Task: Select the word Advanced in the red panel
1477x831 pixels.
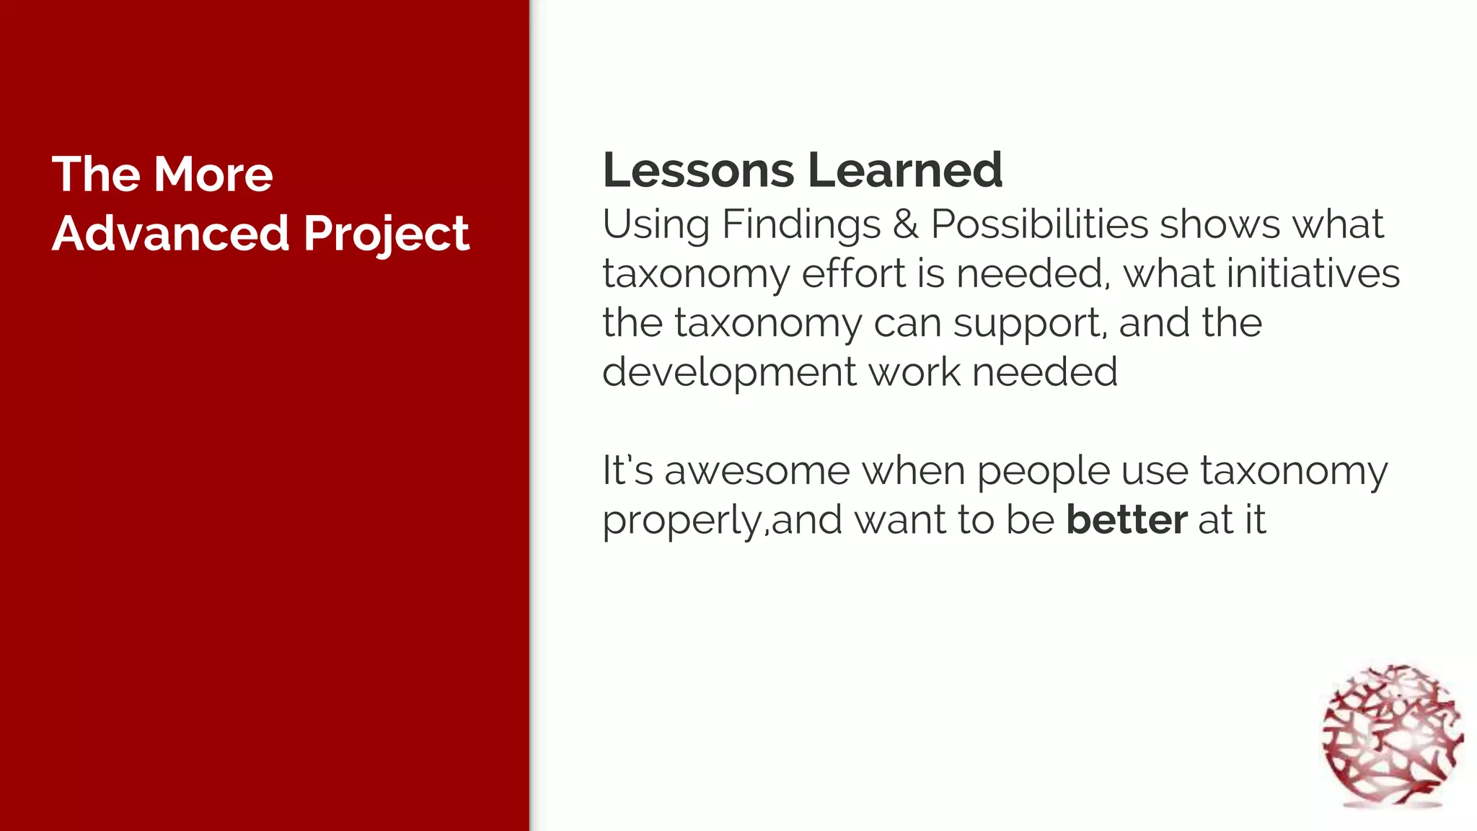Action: [171, 233]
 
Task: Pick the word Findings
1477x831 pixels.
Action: [801, 225]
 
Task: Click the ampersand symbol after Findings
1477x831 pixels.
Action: [906, 224]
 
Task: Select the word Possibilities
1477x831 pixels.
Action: [1039, 224]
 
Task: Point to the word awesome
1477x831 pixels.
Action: [757, 471]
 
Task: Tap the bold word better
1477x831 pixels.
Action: [1127, 520]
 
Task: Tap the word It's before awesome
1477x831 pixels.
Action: [627, 470]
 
